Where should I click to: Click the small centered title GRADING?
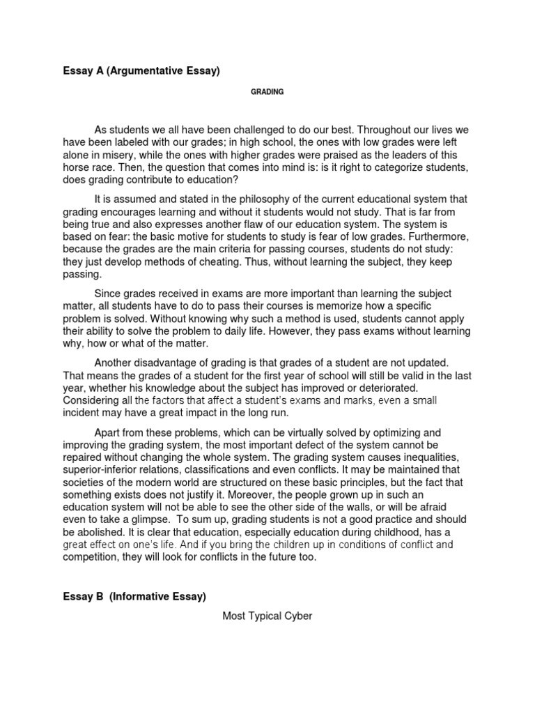point(267,92)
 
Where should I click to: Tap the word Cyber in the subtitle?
point(297,616)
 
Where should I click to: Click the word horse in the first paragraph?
point(76,168)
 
